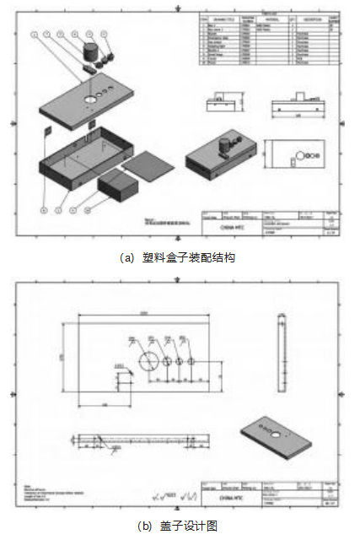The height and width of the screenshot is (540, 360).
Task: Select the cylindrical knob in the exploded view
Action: tap(89, 48)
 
